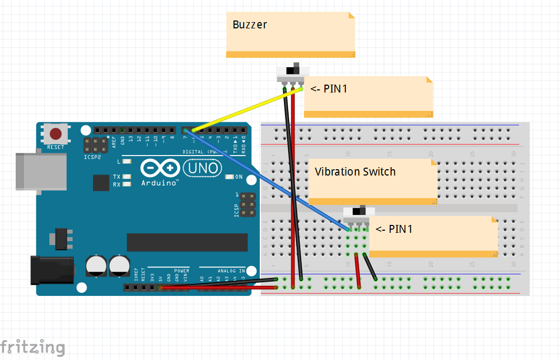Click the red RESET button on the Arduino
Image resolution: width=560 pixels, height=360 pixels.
tap(56, 134)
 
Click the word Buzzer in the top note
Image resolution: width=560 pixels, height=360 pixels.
tap(250, 25)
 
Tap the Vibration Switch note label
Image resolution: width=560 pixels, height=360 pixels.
tap(355, 172)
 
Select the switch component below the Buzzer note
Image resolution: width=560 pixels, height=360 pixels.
tap(293, 75)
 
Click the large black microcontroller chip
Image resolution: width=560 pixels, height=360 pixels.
tap(187, 242)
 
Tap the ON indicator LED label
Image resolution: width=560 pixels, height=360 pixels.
tap(239, 177)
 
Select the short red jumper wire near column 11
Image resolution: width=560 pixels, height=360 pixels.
tap(358, 271)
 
